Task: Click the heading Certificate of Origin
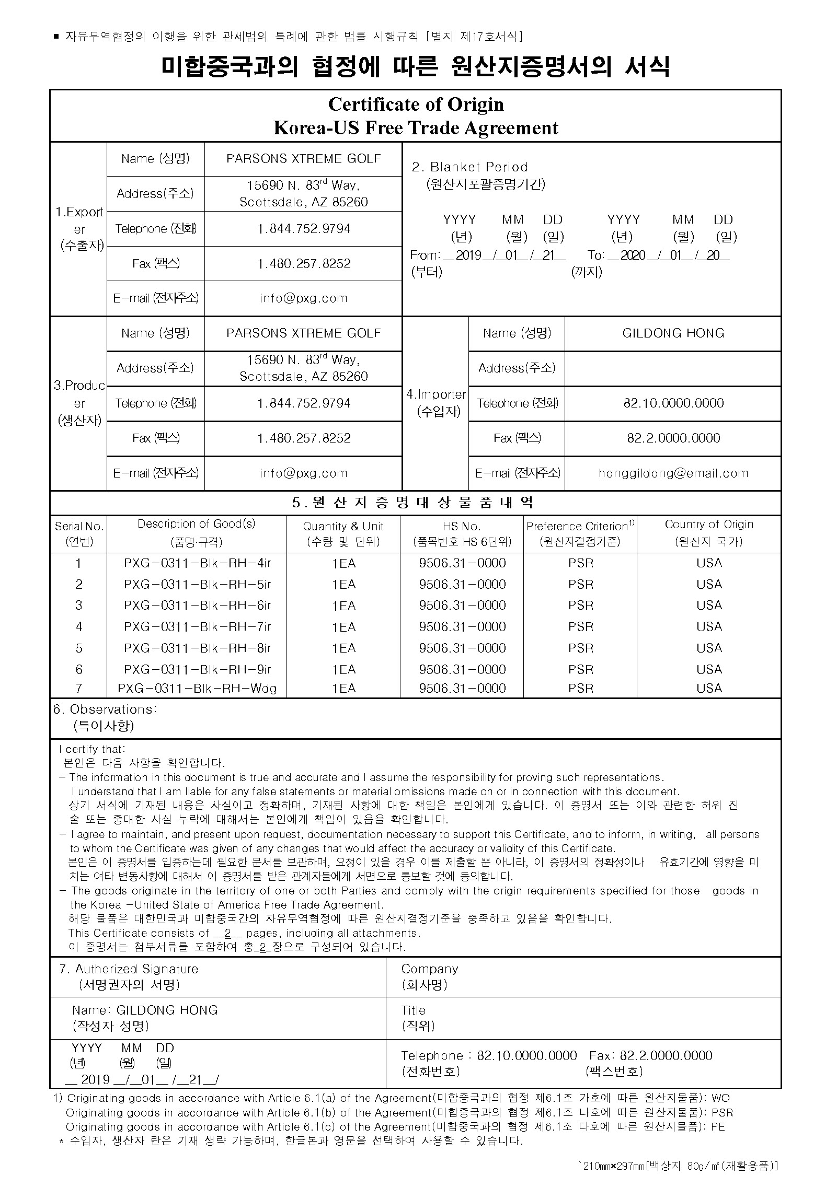tap(416, 104)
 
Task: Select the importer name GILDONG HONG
tap(673, 333)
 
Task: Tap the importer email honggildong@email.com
tap(673, 473)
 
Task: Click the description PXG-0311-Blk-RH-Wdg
tap(197, 689)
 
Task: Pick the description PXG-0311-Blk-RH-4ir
tap(197, 563)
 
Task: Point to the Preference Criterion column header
tap(580, 526)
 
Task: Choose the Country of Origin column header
tap(709, 525)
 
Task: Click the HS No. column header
tap(462, 527)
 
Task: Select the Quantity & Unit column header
tap(343, 527)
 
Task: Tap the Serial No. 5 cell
tap(79, 648)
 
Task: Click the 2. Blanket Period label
tap(470, 167)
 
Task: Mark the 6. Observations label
tap(105, 709)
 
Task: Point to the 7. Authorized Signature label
tap(129, 969)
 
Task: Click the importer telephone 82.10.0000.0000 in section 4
tap(673, 403)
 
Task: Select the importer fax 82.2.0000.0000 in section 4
tap(673, 438)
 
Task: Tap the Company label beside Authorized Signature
tap(430, 969)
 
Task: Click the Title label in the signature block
tap(414, 1010)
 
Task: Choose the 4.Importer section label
tap(435, 395)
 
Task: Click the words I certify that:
tap(92, 749)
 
